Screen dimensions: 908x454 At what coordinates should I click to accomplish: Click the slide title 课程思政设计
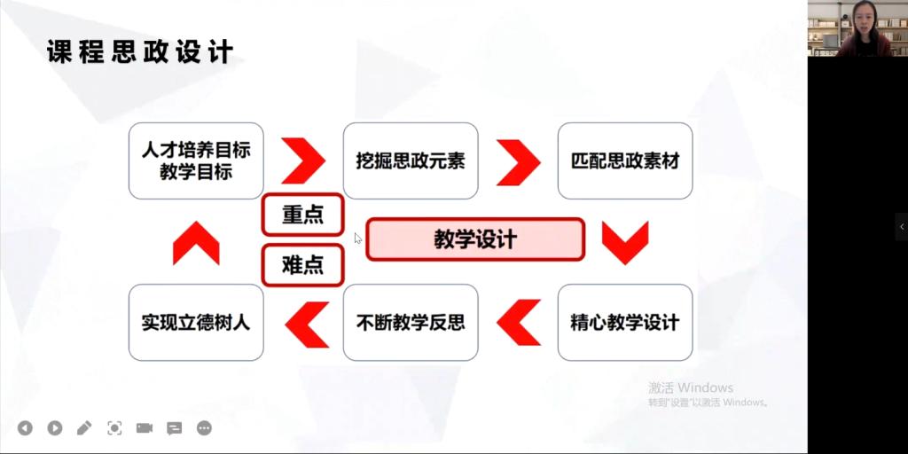(140, 51)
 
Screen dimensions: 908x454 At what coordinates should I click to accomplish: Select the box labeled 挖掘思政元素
(411, 161)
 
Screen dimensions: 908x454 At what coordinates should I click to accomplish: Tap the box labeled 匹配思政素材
(625, 161)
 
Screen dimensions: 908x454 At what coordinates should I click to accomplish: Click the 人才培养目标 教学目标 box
(196, 161)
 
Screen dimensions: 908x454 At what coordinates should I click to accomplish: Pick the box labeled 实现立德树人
(196, 323)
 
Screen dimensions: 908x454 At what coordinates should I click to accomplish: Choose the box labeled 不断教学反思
(411, 323)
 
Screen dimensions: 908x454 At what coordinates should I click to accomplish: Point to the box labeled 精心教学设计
(625, 323)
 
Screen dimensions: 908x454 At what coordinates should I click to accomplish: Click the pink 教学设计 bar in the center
(475, 239)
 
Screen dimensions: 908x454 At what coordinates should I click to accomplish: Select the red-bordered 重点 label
(303, 215)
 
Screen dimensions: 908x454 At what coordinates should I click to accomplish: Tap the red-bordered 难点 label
(303, 265)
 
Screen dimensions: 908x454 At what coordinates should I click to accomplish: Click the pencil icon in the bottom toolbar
(84, 428)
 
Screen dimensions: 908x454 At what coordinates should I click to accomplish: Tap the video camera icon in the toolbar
(145, 428)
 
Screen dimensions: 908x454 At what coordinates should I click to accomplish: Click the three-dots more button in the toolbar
(204, 428)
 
